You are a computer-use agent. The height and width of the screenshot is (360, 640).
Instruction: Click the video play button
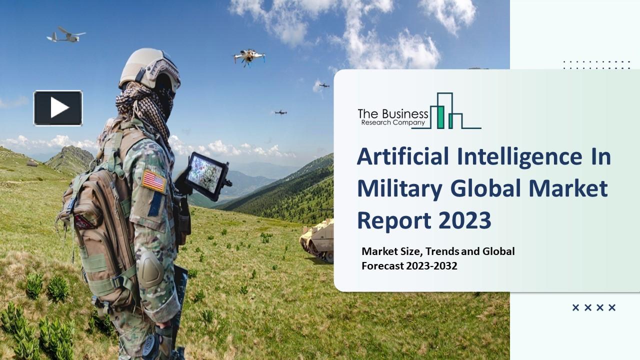point(58,107)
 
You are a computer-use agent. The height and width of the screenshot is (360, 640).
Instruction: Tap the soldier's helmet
point(149,68)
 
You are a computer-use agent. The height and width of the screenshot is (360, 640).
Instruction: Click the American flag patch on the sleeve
point(154,181)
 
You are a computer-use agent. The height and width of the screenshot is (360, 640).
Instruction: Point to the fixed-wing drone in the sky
point(66,35)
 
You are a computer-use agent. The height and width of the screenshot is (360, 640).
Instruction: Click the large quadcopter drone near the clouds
point(249,57)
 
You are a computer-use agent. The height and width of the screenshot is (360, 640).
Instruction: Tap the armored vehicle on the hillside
point(317,239)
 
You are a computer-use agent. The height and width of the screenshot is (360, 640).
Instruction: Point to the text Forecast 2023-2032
point(409,266)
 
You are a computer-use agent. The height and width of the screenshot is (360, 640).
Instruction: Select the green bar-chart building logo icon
point(446,112)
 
